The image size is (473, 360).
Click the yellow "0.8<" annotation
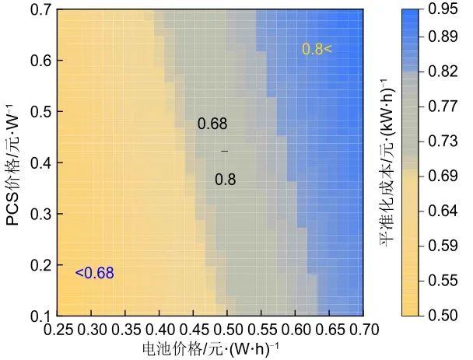point(317,50)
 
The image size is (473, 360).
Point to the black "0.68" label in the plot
point(212,124)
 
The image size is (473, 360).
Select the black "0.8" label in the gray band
point(225,180)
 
